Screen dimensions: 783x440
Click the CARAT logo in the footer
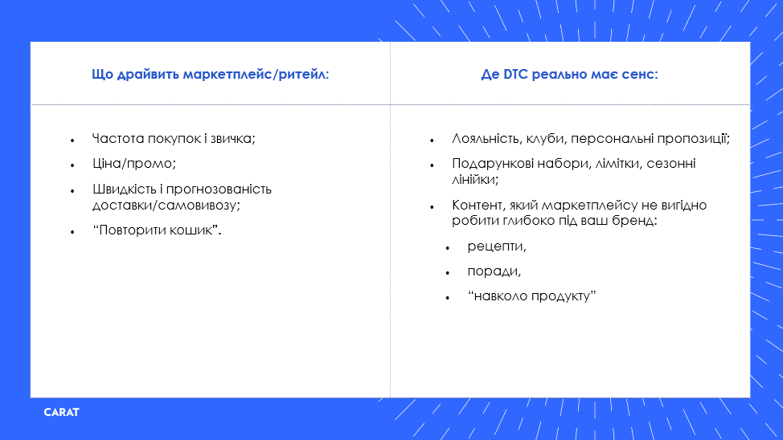[61, 413]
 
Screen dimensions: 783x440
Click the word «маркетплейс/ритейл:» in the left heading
[256, 75]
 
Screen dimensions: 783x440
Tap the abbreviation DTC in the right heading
[515, 75]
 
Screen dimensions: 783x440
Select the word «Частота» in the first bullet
[118, 138]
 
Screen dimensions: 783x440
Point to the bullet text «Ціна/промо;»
[134, 164]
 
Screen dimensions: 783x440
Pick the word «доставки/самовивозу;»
[166, 205]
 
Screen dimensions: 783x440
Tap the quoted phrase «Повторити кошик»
[156, 230]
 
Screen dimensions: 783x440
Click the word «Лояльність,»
[487, 139]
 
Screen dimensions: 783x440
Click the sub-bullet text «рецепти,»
[497, 246]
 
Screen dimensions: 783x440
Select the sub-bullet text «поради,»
[494, 271]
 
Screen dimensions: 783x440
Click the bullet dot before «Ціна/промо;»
[73, 165]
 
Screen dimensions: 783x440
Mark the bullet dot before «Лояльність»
[432, 141]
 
